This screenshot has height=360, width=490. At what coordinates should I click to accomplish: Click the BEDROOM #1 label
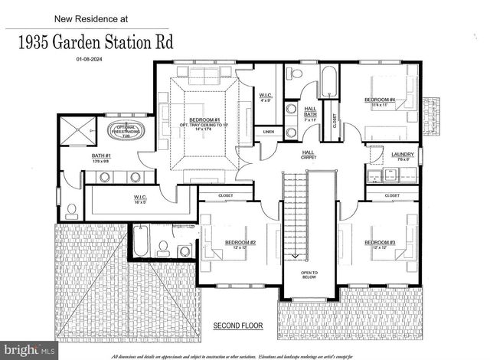click(205, 120)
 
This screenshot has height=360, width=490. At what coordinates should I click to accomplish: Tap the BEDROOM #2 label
click(240, 243)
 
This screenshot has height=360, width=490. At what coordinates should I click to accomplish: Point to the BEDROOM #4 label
click(379, 100)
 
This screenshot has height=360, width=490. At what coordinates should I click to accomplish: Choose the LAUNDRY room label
click(402, 155)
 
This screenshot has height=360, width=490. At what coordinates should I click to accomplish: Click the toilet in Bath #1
click(70, 208)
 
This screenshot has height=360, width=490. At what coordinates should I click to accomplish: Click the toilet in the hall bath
click(295, 74)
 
